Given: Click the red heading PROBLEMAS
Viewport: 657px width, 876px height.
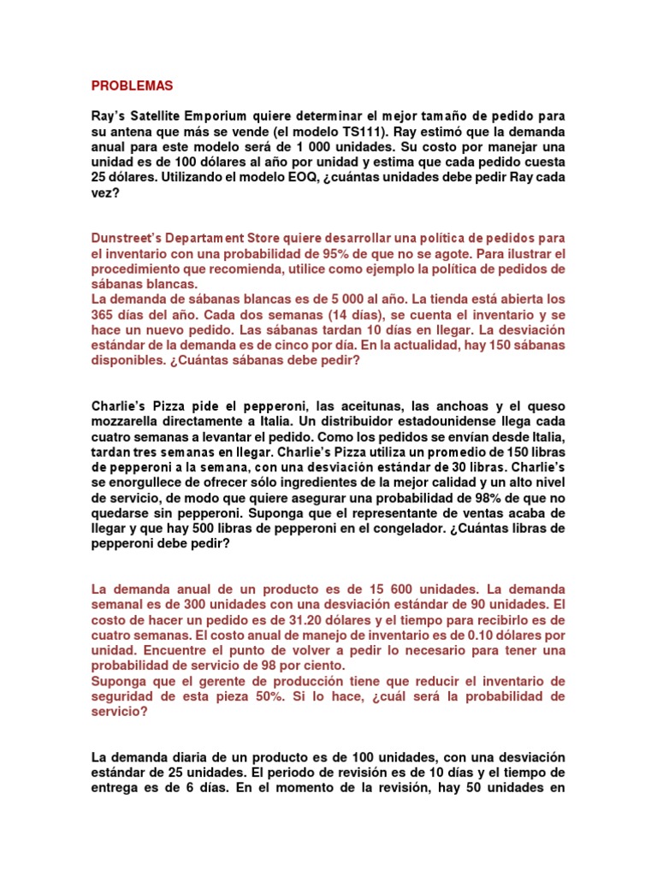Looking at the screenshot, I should (x=132, y=86).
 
